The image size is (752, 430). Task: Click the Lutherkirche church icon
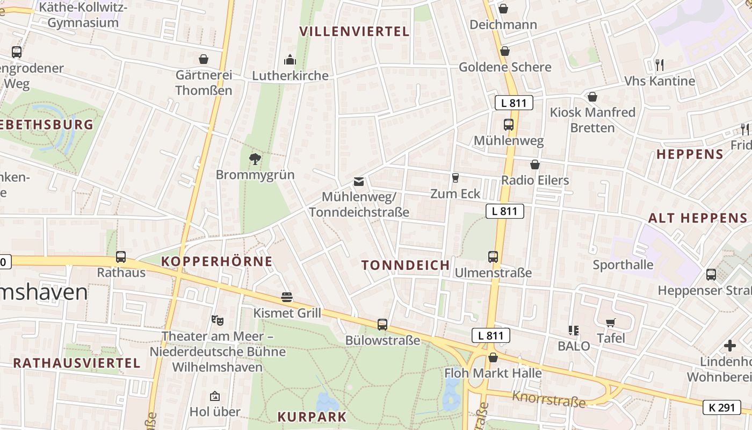290,59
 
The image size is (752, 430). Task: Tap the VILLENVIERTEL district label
355,31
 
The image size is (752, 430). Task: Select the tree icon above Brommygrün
255,159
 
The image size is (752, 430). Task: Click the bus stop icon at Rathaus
121,257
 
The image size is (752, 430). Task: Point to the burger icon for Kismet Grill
287,297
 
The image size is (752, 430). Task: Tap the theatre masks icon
218,320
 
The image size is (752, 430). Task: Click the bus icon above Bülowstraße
382,324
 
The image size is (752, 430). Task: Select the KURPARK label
312,417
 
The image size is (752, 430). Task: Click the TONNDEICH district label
406,265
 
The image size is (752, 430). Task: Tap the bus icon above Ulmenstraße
493,257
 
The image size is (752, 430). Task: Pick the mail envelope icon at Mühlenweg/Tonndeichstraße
359,182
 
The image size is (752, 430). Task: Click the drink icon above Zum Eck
455,178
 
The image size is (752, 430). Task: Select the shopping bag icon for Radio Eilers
534,164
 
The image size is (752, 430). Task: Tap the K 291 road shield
721,407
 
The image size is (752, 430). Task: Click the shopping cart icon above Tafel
611,322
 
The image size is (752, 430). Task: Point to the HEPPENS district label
690,155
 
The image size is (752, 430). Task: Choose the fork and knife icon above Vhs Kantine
660,65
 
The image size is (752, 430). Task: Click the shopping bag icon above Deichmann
503,9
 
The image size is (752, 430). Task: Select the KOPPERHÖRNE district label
217,262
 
